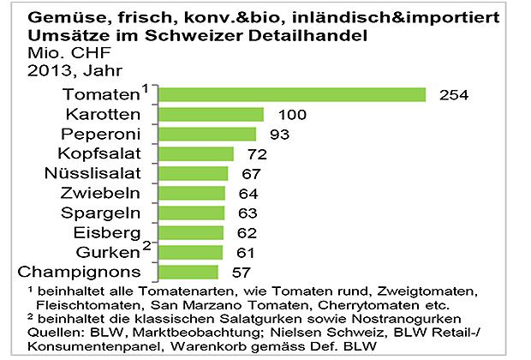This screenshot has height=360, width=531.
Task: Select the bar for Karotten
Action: click(212, 114)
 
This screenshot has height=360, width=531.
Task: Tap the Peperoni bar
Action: click(209, 134)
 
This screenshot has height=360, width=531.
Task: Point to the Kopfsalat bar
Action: click(198, 153)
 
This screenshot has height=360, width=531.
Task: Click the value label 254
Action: click(453, 94)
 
